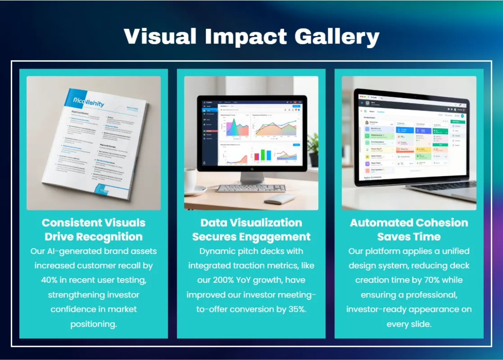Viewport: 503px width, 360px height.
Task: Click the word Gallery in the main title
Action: click(x=337, y=37)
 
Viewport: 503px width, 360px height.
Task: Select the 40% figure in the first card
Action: click(x=49, y=280)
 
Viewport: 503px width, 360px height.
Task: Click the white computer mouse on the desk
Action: click(x=278, y=198)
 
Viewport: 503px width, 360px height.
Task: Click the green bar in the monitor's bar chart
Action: click(x=263, y=155)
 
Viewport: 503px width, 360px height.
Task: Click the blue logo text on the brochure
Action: click(x=88, y=102)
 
